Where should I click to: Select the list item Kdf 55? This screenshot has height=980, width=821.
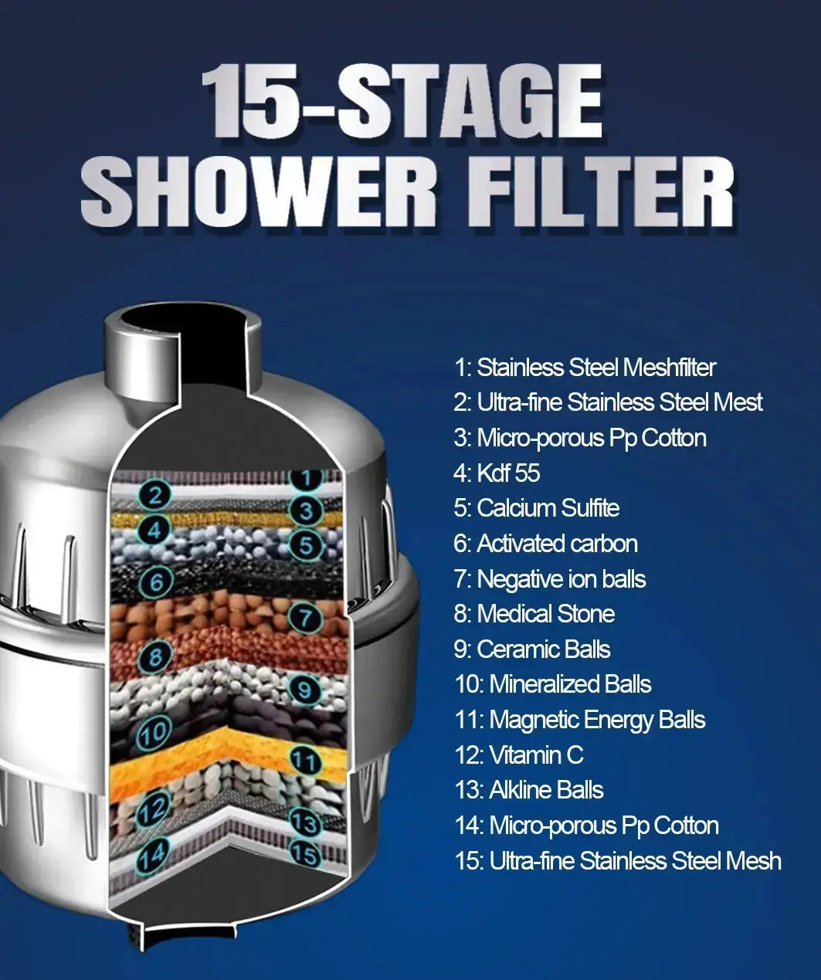pyautogui.click(x=497, y=473)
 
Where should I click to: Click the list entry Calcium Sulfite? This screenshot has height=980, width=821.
pyautogui.click(x=537, y=508)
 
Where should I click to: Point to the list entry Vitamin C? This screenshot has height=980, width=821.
pyautogui.click(x=519, y=754)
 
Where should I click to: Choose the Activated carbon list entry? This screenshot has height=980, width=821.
pyautogui.click(x=545, y=544)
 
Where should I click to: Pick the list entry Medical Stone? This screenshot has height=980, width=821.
pyautogui.click(x=534, y=614)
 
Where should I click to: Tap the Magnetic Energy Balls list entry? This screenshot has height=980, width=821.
pyautogui.click(x=580, y=720)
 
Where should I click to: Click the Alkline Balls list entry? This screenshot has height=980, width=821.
pyautogui.click(x=529, y=790)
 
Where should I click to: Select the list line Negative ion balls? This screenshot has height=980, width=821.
pyautogui.click(x=550, y=579)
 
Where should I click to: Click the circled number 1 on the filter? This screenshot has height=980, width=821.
pyautogui.click(x=307, y=477)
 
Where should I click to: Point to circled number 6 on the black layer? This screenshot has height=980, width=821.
pyautogui.click(x=157, y=581)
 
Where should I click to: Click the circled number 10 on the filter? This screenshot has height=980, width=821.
pyautogui.click(x=154, y=731)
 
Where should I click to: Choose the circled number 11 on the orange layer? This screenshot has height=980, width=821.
pyautogui.click(x=305, y=761)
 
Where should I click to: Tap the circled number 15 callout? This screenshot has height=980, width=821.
pyautogui.click(x=305, y=853)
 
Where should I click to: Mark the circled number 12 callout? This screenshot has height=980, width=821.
pyautogui.click(x=152, y=809)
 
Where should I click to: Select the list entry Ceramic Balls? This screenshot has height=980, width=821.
pyautogui.click(x=532, y=649)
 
